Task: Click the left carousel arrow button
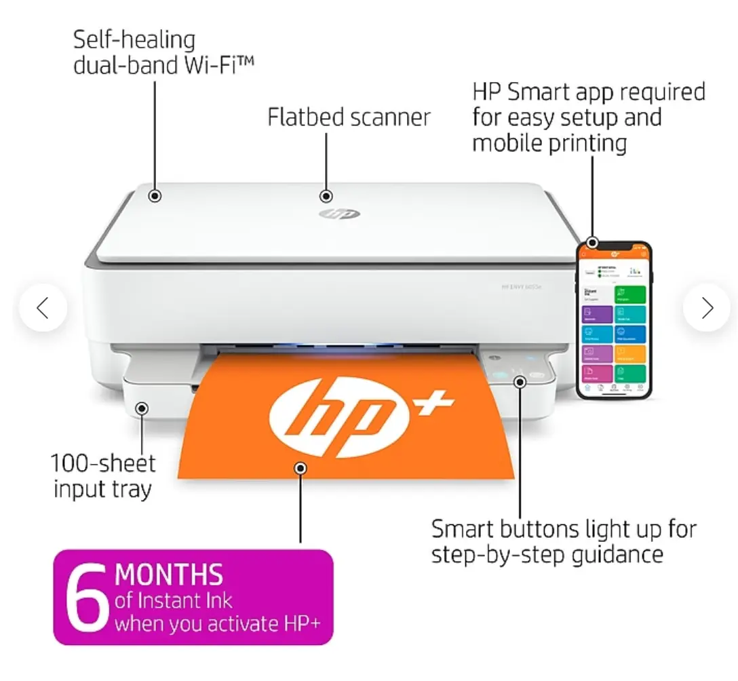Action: tap(43, 308)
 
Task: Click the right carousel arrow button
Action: tap(707, 308)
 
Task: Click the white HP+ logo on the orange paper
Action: tap(360, 407)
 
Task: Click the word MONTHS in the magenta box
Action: tap(169, 575)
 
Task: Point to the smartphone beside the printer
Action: tap(613, 320)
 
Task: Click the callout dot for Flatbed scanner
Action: tap(326, 196)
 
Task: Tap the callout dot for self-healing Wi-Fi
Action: tap(155, 196)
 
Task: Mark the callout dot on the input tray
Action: tap(141, 408)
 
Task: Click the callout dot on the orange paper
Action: tap(300, 467)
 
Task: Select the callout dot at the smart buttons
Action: tap(520, 382)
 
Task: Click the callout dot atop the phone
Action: tap(592, 242)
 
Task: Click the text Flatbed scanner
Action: tap(349, 117)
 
